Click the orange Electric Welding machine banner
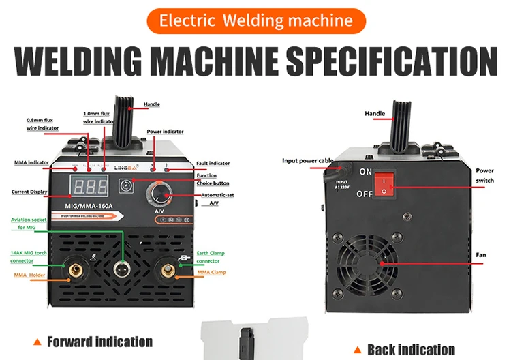[x=255, y=20]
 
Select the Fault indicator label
[x=213, y=164]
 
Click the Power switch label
[x=484, y=175]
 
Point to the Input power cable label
[x=308, y=161]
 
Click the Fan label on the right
[x=480, y=255]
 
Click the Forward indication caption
[x=99, y=342]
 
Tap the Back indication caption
[x=411, y=349]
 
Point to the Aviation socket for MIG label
[x=31, y=223]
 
